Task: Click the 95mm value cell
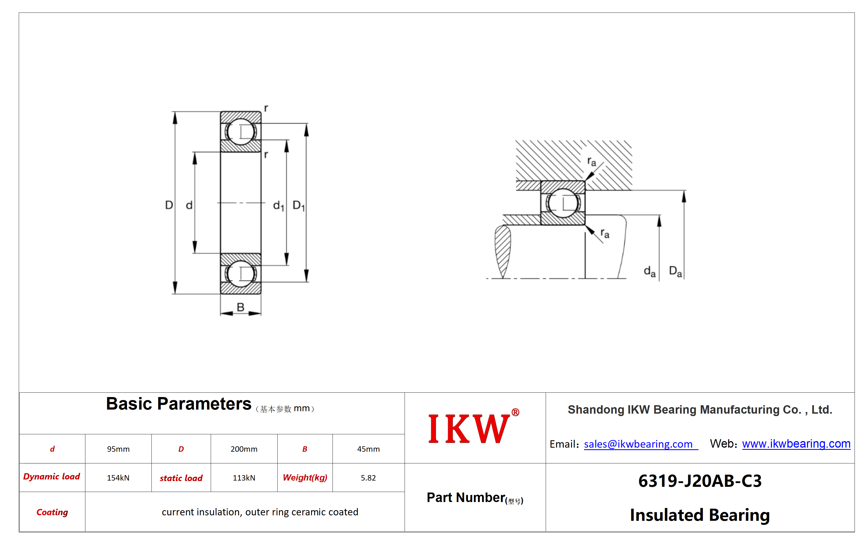pyautogui.click(x=118, y=449)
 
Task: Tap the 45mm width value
pyautogui.click(x=368, y=449)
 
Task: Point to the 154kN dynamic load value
pyautogui.click(x=118, y=478)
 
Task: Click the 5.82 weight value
pyautogui.click(x=368, y=478)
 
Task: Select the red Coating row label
pyautogui.click(x=52, y=512)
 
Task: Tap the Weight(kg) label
pyautogui.click(x=305, y=478)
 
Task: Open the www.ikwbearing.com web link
pyautogui.click(x=796, y=444)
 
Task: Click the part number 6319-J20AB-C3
pyautogui.click(x=700, y=481)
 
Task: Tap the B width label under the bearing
pyautogui.click(x=240, y=307)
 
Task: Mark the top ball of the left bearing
pyautogui.click(x=240, y=132)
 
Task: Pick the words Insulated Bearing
pyautogui.click(x=700, y=515)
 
